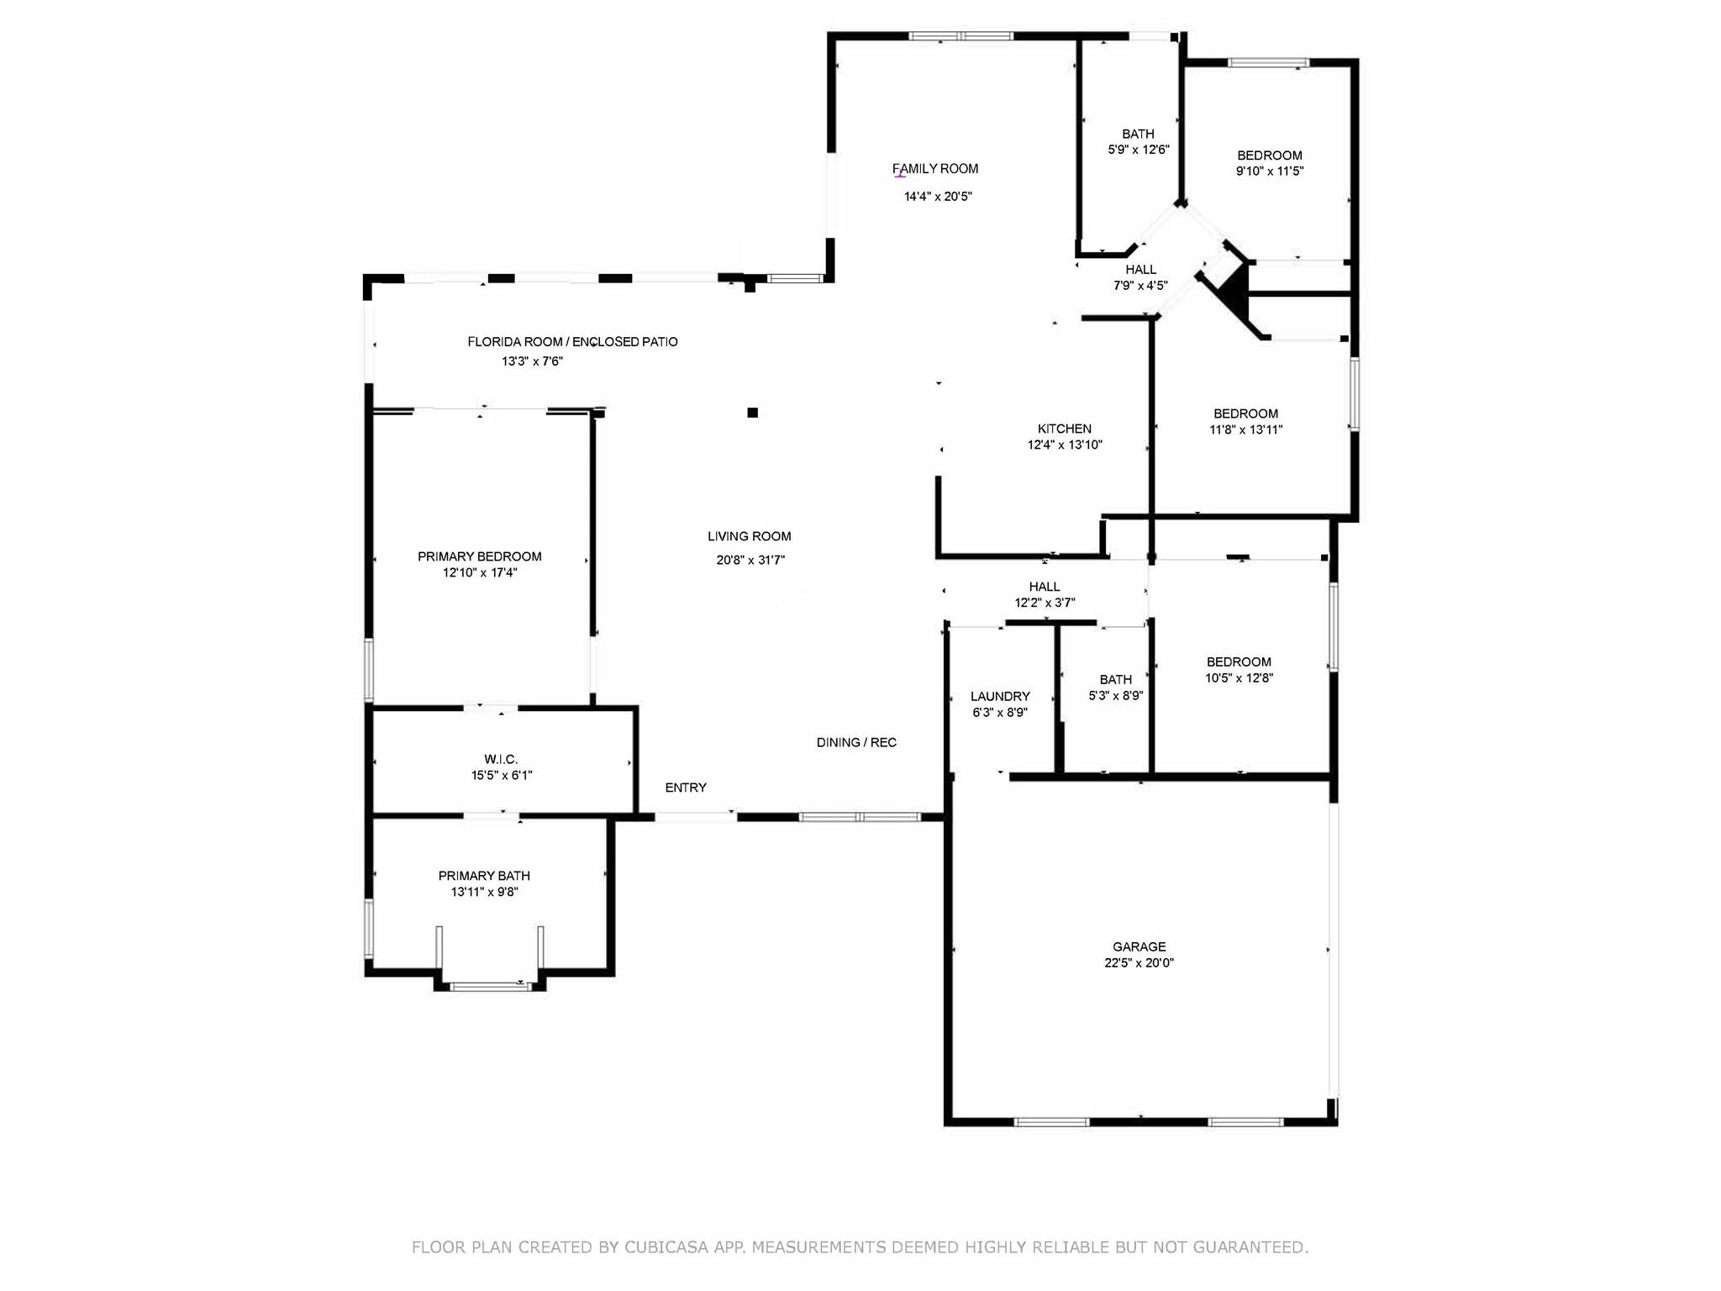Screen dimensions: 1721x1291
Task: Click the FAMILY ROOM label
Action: [x=935, y=169]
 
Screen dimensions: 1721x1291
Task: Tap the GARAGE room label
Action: [x=1139, y=946]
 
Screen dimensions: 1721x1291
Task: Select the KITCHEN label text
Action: [x=1065, y=429]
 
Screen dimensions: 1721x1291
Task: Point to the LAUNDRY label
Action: [x=1000, y=696]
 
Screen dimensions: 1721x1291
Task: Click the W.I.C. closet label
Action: [x=501, y=759]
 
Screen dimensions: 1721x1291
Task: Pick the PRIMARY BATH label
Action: [x=484, y=876]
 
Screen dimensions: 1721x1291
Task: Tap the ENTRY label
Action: [x=686, y=788]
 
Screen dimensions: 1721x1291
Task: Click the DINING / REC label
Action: [x=856, y=742]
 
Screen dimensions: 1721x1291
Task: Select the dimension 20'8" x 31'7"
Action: [x=750, y=560]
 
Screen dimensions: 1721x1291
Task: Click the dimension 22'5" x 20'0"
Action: [x=1139, y=963]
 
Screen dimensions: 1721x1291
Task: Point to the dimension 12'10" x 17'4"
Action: [x=480, y=572]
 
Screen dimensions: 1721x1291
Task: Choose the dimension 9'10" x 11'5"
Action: [x=1269, y=171]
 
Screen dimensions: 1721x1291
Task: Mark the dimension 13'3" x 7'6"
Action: [x=532, y=361]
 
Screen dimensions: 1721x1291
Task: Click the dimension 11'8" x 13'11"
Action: [x=1245, y=429]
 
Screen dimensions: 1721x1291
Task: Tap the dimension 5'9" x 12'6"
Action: [x=1139, y=150]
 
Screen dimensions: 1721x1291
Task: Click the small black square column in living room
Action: [x=753, y=412]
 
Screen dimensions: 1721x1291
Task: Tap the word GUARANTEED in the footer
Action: [x=1250, y=1247]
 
